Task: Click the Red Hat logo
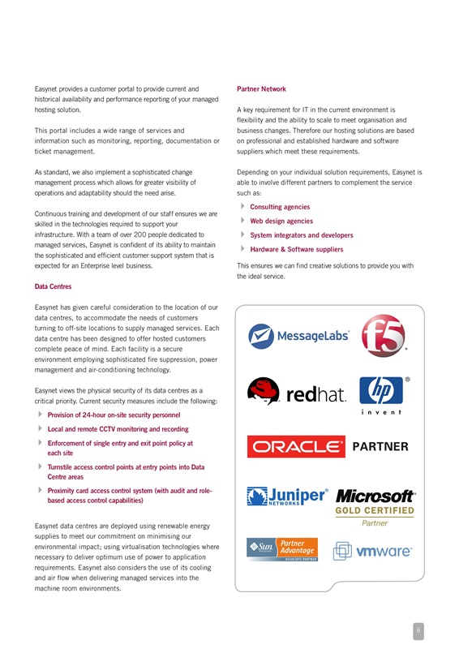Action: tap(298, 393)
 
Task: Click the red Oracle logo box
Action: tap(296, 446)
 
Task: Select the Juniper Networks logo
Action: tap(289, 496)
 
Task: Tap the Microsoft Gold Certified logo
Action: tap(375, 505)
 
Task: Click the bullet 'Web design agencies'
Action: tap(281, 221)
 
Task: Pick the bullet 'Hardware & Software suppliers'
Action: tap(297, 249)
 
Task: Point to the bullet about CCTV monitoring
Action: tap(118, 429)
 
